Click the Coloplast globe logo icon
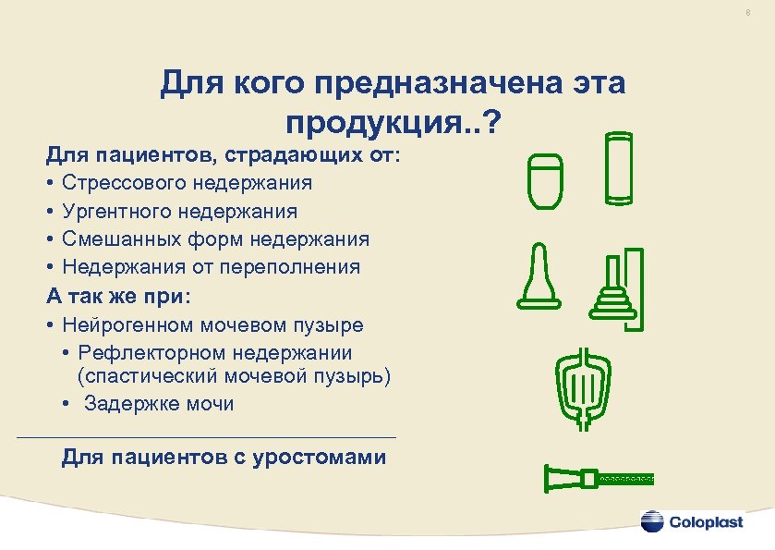652,521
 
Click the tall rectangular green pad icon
619,167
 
